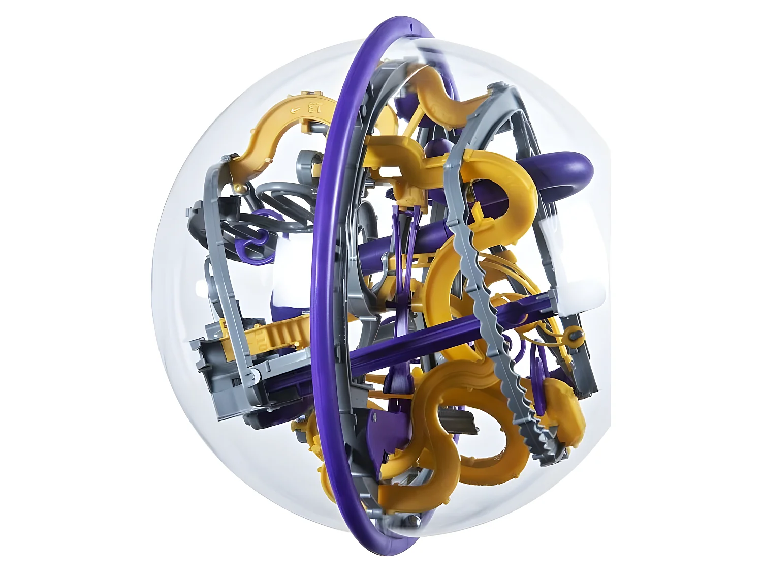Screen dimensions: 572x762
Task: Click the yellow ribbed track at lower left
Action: coord(274,333)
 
